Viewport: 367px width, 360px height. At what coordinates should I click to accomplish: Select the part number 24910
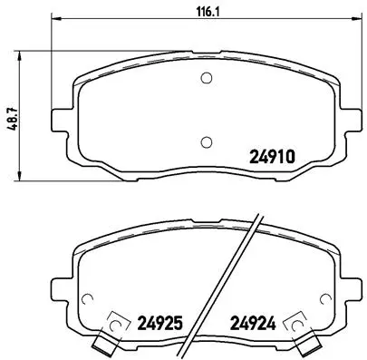pyautogui.click(x=273, y=155)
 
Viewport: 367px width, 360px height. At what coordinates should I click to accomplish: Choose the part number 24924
pyautogui.click(x=254, y=320)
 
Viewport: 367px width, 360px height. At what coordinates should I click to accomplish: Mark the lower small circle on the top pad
pyautogui.click(x=206, y=141)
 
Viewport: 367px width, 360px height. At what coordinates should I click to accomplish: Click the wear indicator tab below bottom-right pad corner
pyautogui.click(x=310, y=345)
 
